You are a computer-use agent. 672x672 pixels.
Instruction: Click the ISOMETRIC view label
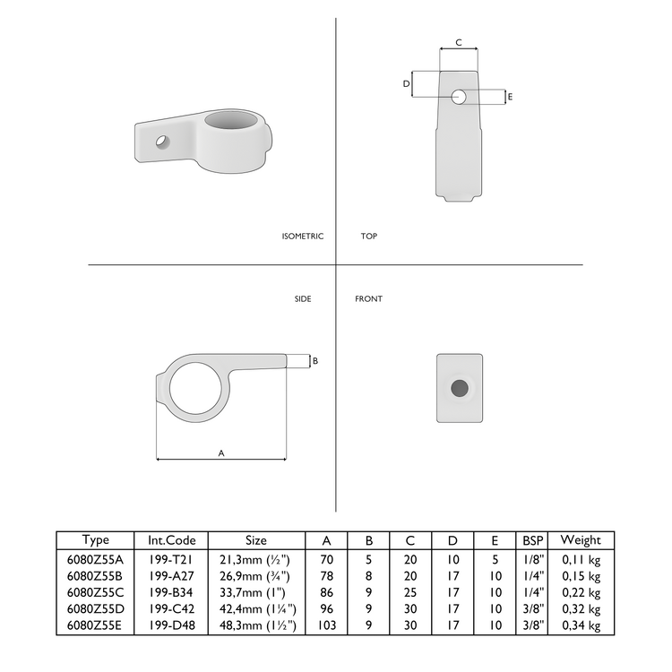(x=302, y=237)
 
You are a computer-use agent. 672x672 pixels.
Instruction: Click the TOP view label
(x=368, y=237)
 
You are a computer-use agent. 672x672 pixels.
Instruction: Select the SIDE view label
(x=303, y=299)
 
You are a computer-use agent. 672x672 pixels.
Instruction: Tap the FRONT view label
(x=368, y=299)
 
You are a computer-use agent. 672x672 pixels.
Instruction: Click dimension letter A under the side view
(x=221, y=453)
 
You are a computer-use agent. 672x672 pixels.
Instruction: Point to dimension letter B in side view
(x=314, y=361)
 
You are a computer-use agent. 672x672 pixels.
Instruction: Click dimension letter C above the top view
(x=459, y=42)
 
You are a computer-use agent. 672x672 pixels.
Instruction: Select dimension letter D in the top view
(x=406, y=83)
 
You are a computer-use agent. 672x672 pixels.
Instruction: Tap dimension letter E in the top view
(x=510, y=96)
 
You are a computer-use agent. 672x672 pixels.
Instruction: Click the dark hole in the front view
(x=459, y=388)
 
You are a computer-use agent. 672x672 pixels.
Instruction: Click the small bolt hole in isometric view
(x=163, y=141)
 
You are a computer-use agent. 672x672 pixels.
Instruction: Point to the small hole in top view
(x=459, y=96)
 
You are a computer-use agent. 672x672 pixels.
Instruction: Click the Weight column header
(x=581, y=540)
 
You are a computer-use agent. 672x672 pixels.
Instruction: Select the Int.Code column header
(x=171, y=540)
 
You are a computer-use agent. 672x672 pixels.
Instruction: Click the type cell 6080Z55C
(x=95, y=591)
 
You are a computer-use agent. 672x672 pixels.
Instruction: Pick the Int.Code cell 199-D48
(x=171, y=625)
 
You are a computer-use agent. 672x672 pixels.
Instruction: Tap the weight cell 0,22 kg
(x=581, y=591)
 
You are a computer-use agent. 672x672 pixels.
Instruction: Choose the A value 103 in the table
(x=326, y=625)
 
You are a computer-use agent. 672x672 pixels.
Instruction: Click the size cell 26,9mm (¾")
(x=255, y=574)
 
